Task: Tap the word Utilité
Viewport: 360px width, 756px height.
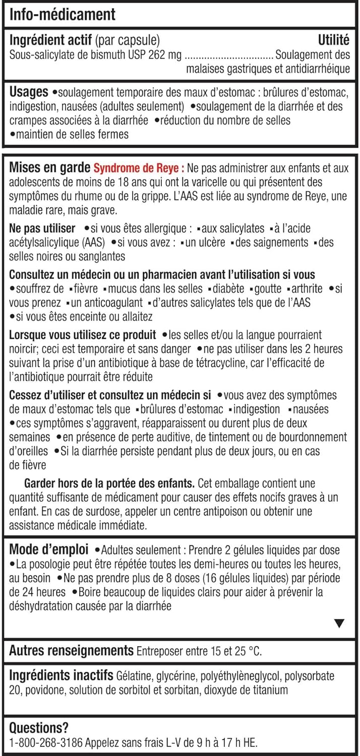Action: (x=334, y=40)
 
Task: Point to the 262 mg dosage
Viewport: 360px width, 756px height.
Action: (x=161, y=54)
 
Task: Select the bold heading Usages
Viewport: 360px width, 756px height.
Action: (x=29, y=93)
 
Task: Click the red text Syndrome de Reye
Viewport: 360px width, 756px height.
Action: (x=138, y=168)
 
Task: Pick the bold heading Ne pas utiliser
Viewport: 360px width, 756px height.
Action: (x=42, y=228)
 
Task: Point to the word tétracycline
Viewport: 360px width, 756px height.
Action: (x=266, y=363)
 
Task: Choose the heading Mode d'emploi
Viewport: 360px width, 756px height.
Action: (x=49, y=549)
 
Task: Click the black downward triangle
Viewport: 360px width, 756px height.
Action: (x=339, y=623)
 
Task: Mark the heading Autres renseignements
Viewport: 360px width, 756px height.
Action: (x=71, y=651)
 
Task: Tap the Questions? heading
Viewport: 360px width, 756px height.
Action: (x=39, y=728)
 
